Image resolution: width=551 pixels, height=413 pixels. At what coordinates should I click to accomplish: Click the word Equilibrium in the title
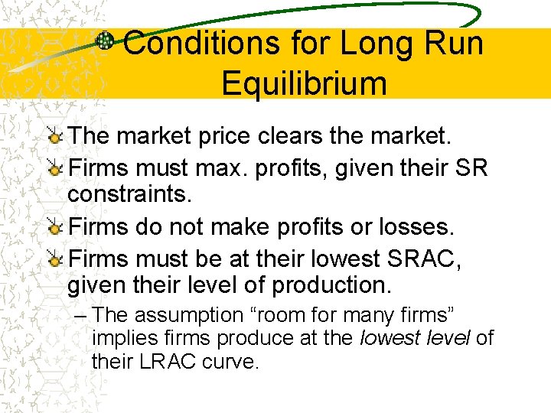tap(304, 83)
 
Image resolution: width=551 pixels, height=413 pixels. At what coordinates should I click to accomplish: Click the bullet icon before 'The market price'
tap(56, 138)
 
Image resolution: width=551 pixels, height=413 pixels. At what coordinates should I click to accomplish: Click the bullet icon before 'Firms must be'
tap(56, 260)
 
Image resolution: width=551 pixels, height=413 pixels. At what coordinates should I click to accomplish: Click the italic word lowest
tap(386, 337)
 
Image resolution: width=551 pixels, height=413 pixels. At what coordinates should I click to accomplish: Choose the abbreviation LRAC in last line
tap(164, 360)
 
